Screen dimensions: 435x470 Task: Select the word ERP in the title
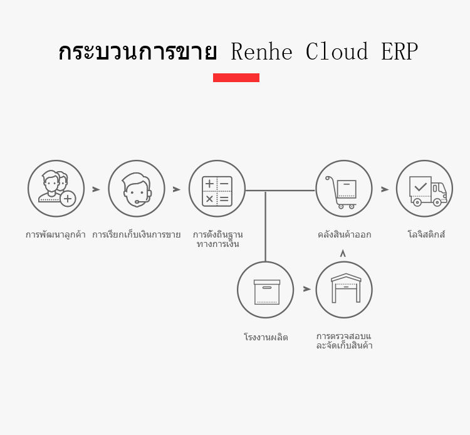(x=399, y=52)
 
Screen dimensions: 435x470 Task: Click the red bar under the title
(x=236, y=78)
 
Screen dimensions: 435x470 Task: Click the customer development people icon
(x=56, y=189)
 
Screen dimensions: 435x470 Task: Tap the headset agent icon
(x=137, y=189)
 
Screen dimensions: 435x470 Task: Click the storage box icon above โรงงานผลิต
(x=266, y=290)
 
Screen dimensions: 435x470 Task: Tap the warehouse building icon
(x=344, y=290)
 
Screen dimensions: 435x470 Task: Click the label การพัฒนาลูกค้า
(x=56, y=235)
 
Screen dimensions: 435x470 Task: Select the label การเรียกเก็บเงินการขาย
(x=137, y=235)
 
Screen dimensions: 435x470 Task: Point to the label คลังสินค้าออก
(x=344, y=235)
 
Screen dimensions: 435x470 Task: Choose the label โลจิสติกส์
(x=426, y=235)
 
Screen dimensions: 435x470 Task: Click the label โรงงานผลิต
(x=266, y=337)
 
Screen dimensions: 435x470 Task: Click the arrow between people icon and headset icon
(x=96, y=189)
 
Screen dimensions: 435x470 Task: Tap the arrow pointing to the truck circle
(x=385, y=189)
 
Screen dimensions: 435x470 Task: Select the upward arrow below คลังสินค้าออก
(x=343, y=253)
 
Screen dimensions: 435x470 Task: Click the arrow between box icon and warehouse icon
(x=307, y=290)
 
